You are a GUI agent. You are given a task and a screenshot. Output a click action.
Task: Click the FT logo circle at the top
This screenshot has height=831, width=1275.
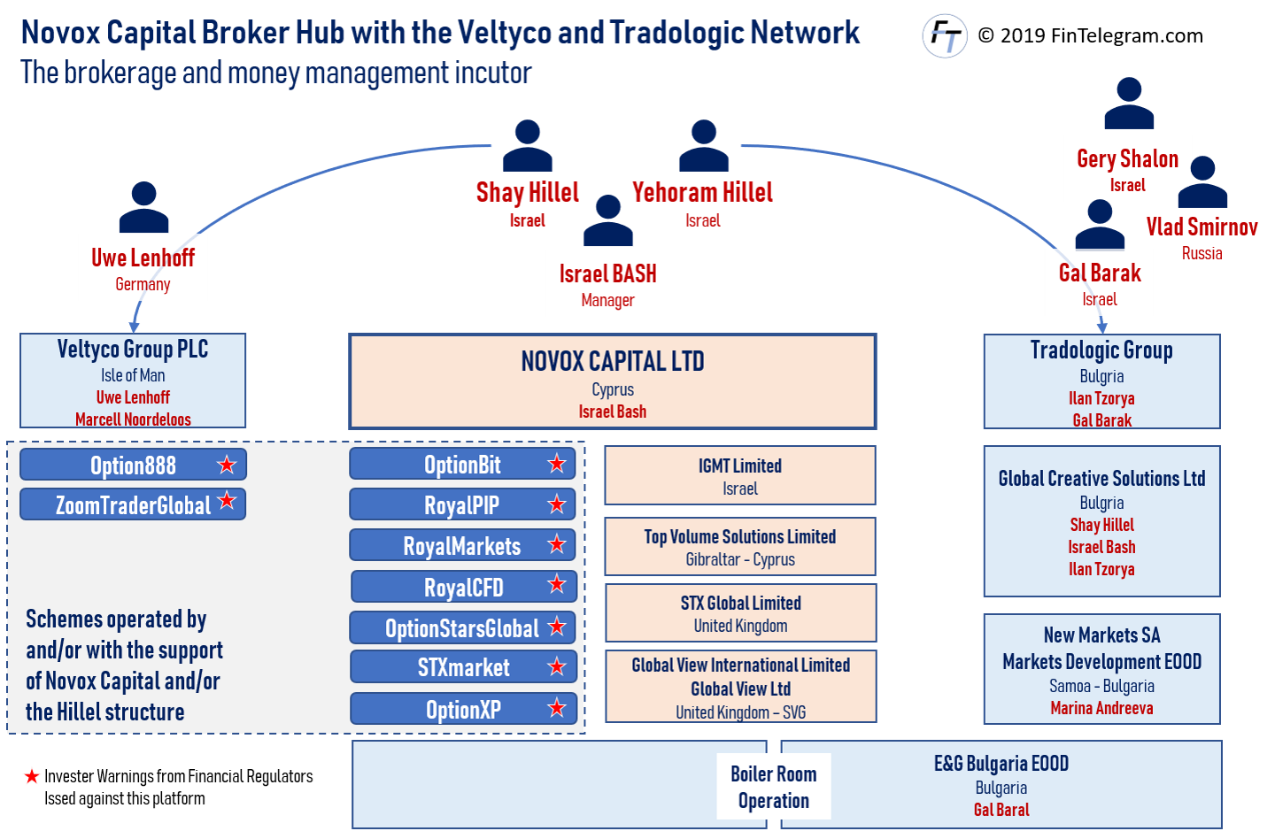pos(945,36)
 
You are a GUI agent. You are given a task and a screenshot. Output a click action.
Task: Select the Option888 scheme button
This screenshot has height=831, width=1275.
pos(133,465)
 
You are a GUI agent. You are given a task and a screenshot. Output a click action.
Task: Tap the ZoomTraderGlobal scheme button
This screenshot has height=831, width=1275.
pos(133,504)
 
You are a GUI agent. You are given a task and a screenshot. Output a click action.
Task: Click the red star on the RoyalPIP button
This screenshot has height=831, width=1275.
pos(557,504)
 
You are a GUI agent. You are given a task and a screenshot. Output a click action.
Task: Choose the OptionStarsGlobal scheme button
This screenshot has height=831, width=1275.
pos(462,628)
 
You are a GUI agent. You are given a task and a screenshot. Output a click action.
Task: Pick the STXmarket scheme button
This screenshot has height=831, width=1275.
pos(463,667)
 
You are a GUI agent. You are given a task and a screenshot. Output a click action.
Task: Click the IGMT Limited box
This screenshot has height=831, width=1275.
pos(740,476)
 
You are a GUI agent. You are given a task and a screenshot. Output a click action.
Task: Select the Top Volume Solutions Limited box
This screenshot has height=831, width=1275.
pos(740,547)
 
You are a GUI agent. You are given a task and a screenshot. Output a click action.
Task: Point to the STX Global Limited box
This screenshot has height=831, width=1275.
pos(740,613)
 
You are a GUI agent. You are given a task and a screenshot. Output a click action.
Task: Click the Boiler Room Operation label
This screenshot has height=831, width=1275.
pos(774,787)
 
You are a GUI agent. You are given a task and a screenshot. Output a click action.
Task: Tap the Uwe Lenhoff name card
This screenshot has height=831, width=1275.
pos(143,267)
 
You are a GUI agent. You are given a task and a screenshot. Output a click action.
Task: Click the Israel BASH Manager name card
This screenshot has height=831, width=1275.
pos(608,284)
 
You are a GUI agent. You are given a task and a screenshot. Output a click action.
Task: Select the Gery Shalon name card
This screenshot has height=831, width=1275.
pos(1127,168)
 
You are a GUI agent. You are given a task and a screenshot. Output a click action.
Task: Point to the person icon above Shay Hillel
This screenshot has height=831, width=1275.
pos(528,146)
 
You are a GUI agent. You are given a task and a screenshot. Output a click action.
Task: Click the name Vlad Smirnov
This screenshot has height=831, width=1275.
pos(1202,227)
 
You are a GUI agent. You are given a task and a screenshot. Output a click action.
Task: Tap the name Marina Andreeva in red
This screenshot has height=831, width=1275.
pos(1101,708)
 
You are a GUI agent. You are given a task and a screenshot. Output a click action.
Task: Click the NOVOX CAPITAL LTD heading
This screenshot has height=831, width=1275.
pos(613,361)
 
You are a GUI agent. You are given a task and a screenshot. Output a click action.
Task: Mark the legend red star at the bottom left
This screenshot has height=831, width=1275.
pos(32,777)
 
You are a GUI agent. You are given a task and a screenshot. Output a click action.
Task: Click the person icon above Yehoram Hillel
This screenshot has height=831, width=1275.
pos(704,146)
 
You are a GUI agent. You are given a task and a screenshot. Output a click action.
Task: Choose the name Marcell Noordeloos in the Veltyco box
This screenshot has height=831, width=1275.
pos(133,419)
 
